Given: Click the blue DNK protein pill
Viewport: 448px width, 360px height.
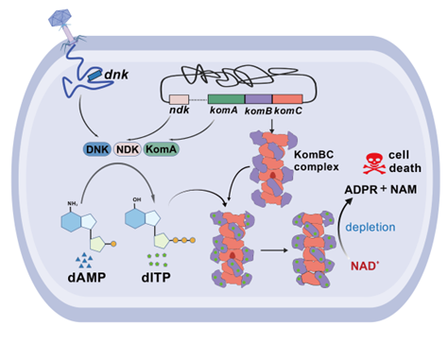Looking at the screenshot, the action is pos(97,149).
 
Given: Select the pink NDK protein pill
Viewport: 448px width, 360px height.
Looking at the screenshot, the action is pos(128,149).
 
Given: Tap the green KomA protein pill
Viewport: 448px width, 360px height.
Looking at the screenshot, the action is pos(162,149).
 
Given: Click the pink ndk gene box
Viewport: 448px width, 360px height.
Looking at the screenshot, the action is pos(179,99).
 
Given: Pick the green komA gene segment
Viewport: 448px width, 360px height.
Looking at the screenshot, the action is pos(226,99).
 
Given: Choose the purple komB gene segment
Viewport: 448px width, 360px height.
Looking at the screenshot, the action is pos(259,99).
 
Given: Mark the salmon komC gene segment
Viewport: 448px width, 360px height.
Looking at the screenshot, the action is pos(287,99).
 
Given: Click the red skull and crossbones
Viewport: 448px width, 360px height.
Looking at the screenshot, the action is pos(374,163).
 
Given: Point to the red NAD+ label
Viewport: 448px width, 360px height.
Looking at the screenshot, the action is pos(365,266).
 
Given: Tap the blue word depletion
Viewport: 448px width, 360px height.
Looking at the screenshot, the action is pos(370,227).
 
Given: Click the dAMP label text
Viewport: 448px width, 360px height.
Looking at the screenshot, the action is pos(87,277).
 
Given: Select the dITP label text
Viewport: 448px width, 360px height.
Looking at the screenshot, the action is pos(156,277).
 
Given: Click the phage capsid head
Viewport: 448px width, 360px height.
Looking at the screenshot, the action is pos(60,18).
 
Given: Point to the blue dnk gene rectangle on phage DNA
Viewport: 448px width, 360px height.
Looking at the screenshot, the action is pos(95,75).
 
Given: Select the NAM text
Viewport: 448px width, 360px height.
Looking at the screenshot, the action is pos(404,189).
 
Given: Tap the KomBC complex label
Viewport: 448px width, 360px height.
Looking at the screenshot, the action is pos(316,161).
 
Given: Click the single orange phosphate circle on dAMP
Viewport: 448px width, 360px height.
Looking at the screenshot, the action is pos(113,244).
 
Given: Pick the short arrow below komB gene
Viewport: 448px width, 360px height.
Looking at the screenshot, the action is pos(272,127).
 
